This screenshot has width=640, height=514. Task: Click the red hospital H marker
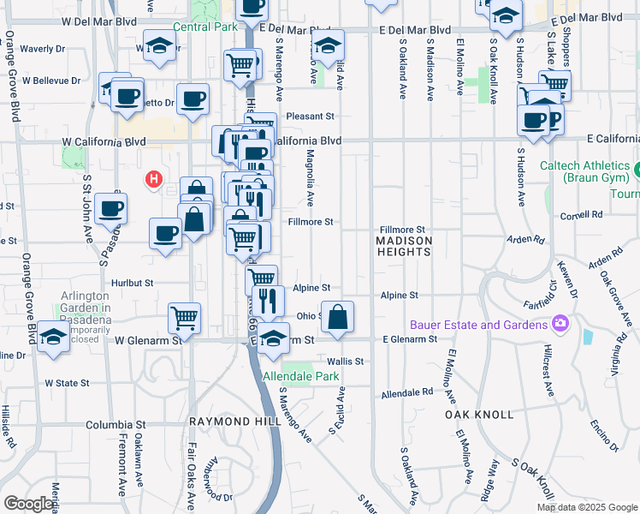pyautogui.click(x=153, y=180)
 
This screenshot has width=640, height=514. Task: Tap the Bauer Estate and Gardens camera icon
pyautogui.click(x=560, y=324)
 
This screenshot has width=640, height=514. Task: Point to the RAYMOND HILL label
pyautogui.click(x=222, y=421)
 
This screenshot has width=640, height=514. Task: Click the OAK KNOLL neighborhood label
pyautogui.click(x=479, y=414)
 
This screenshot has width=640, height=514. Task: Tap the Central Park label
pyautogui.click(x=204, y=27)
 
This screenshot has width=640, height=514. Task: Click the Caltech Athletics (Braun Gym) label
pyautogui.click(x=584, y=171)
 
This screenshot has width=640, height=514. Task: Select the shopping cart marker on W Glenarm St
pyautogui.click(x=184, y=319)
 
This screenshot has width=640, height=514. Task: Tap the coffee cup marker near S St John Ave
pyautogui.click(x=111, y=208)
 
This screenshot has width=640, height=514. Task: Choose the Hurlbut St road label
pyautogui.click(x=131, y=282)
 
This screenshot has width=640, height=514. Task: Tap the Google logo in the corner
pyautogui.click(x=28, y=504)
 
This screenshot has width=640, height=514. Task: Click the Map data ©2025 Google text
pyautogui.click(x=587, y=507)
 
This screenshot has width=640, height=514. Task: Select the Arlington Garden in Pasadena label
pyautogui.click(x=86, y=308)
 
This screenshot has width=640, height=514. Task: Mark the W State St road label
pyautogui.click(x=67, y=382)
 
